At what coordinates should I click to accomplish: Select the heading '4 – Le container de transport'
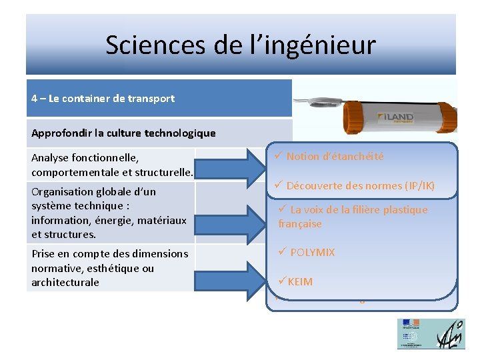coord(103,99)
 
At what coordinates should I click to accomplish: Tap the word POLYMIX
coord(312,253)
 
